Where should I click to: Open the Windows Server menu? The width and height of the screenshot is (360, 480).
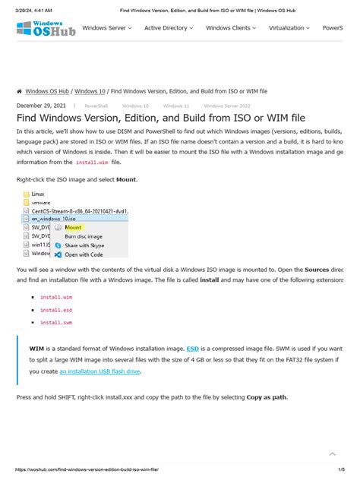106,28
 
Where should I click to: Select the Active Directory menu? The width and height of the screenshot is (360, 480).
168,28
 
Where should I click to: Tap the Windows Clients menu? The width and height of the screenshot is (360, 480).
231,28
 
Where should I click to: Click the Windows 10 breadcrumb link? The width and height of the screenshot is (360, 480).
90,90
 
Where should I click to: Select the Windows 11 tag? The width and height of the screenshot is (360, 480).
176,106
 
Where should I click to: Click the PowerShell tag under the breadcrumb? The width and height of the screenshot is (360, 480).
96,106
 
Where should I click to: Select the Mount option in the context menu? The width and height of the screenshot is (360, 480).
74,226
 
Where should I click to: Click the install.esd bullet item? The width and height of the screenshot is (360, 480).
55,310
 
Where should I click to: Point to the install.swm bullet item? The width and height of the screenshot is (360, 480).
55,322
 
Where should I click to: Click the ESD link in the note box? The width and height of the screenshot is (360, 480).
193,348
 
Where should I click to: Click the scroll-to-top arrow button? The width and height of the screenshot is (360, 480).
332,453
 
